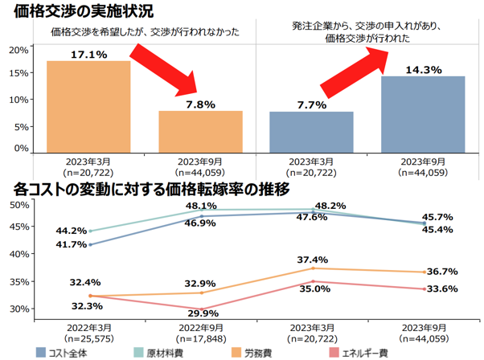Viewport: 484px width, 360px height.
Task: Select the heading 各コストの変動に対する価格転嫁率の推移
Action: (152, 190)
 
